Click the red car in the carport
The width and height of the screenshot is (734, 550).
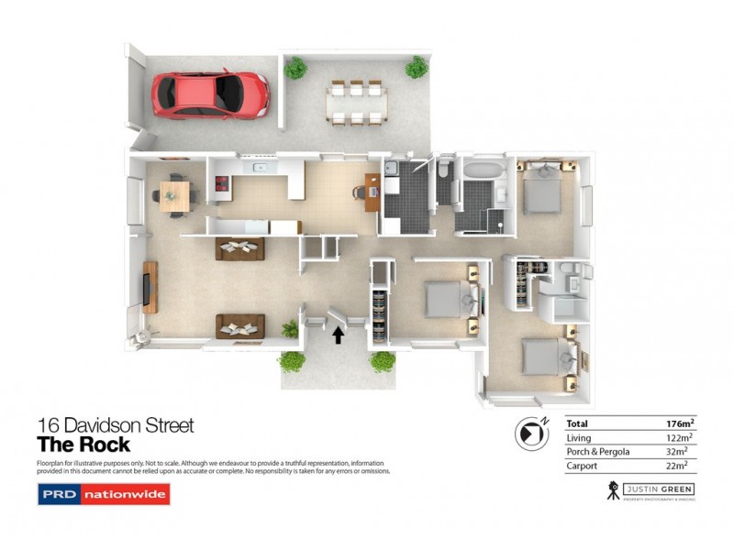click(211, 93)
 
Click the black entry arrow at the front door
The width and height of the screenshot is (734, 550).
click(338, 335)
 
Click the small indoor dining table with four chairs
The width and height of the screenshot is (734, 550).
click(173, 194)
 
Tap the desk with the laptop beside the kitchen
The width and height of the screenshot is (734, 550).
click(372, 192)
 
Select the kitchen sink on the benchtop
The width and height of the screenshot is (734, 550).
click(261, 168)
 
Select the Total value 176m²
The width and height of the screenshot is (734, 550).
click(679, 423)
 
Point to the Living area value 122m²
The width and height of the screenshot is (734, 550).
click(679, 438)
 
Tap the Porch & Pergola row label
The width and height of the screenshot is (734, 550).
click(595, 452)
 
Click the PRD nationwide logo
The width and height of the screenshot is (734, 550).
click(103, 496)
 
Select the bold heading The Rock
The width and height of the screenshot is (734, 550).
click(83, 445)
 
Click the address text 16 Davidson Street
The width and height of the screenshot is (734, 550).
click(115, 425)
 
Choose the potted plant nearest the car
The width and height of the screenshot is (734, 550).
click(295, 67)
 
